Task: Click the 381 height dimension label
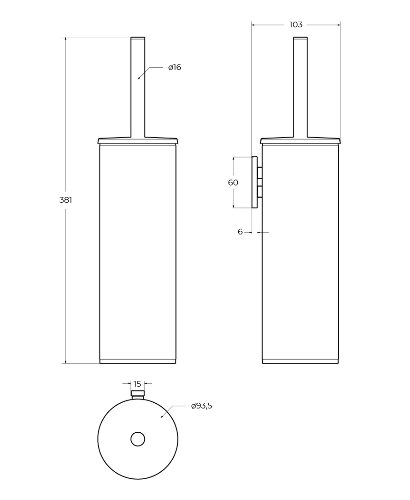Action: pyautogui.click(x=65, y=200)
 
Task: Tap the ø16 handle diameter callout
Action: pyautogui.click(x=175, y=67)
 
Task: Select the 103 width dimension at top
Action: pyautogui.click(x=296, y=25)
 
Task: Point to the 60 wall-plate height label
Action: pyautogui.click(x=233, y=182)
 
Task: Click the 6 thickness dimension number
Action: pyautogui.click(x=240, y=232)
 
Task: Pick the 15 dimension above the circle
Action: pyautogui.click(x=137, y=384)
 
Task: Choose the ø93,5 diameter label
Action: pyautogui.click(x=202, y=406)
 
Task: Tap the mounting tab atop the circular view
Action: pyautogui.click(x=138, y=395)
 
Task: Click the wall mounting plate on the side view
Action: pyautogui.click(x=255, y=182)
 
